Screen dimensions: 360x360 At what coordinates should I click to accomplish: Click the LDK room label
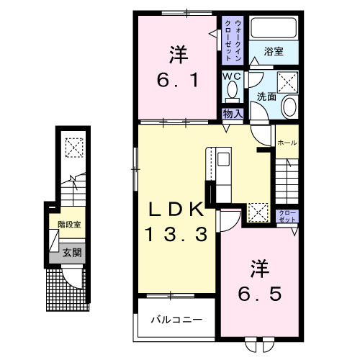[176, 209]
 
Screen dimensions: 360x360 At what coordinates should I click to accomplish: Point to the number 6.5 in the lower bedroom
[259, 294]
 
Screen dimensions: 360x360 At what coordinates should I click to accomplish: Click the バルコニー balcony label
[176, 320]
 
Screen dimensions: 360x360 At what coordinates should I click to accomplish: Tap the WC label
[231, 76]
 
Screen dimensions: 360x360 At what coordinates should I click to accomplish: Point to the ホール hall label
[287, 143]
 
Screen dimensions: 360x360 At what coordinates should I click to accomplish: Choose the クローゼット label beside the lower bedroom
[286, 215]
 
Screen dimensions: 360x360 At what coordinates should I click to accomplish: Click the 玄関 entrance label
[71, 252]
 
